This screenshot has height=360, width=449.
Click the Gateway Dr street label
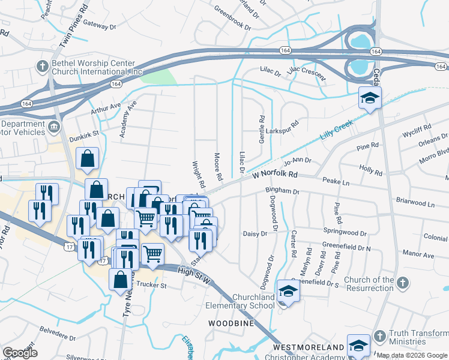pos(100,26)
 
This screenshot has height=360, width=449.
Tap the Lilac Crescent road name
pos(306,74)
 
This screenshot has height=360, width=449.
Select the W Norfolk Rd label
pos(275,175)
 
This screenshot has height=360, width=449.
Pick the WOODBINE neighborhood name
pos(231,323)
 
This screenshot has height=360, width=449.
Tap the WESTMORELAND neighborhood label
pos(309,347)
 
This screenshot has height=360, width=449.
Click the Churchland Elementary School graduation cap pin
pos(289,293)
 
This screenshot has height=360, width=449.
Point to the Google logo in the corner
pos(20,353)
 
